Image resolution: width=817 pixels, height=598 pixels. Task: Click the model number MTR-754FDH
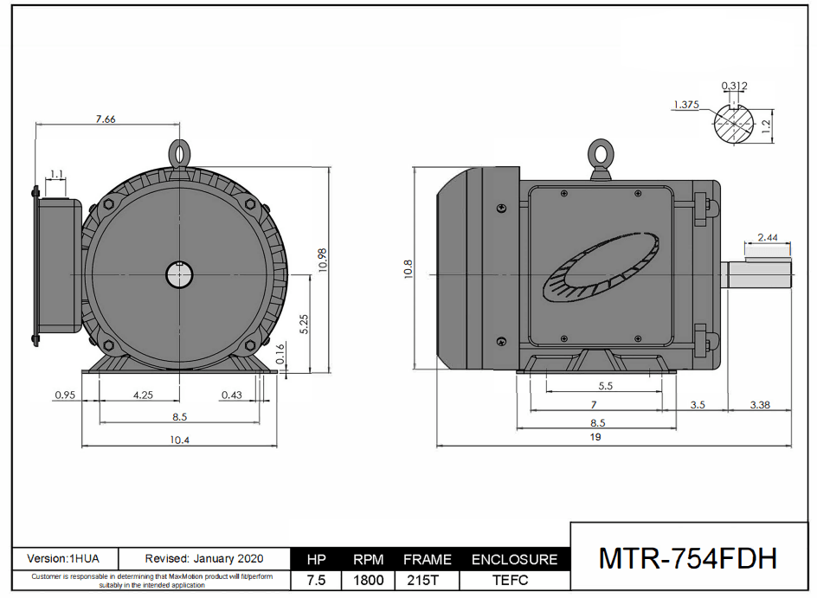688,559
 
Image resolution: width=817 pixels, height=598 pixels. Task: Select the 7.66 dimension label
105,119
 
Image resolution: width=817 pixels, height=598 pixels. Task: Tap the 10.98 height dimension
322,260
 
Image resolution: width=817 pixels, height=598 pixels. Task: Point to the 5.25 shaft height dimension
303,324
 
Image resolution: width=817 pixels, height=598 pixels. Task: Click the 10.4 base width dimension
179,440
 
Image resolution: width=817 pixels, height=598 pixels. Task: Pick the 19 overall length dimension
595,438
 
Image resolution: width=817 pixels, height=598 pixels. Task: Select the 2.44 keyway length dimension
767,237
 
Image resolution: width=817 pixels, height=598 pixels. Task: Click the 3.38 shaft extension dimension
759,404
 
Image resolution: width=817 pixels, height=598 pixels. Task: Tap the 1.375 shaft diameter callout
685,105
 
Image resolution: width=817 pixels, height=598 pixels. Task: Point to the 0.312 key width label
734,86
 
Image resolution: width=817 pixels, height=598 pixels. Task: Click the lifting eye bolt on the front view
179,153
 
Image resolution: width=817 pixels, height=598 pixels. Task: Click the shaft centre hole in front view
179,275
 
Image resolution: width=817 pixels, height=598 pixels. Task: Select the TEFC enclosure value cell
514,581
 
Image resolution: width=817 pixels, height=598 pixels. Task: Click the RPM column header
369,560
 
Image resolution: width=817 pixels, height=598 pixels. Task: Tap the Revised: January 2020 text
204,559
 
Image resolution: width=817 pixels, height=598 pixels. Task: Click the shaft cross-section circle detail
734,125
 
